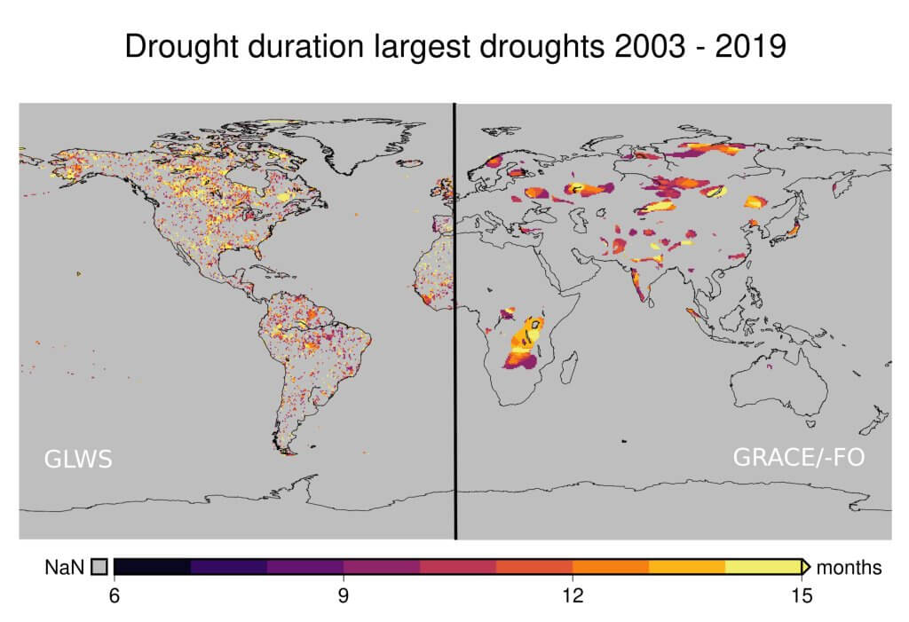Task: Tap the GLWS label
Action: [x=78, y=460]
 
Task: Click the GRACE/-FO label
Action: [x=798, y=458]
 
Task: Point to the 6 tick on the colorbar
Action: [x=114, y=596]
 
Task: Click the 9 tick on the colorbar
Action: [x=343, y=596]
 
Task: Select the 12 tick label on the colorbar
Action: [x=572, y=596]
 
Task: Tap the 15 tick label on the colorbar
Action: [x=801, y=596]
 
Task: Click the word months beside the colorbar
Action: [x=849, y=567]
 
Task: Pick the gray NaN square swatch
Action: [x=99, y=567]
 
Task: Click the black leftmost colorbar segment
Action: [x=152, y=567]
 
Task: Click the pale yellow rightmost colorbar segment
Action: [x=762, y=567]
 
